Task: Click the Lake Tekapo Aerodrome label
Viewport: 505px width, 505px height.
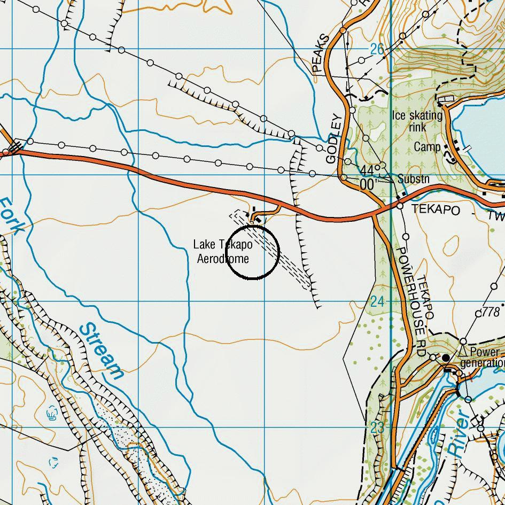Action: [x=223, y=252]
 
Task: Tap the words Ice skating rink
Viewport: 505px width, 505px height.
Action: [x=417, y=121]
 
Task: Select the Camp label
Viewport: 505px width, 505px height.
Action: [x=428, y=147]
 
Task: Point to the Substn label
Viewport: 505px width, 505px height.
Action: [x=413, y=179]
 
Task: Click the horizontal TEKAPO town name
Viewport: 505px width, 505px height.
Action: [x=435, y=209]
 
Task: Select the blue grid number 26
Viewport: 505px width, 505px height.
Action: [x=377, y=50]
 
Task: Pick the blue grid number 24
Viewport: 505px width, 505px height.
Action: [x=377, y=301]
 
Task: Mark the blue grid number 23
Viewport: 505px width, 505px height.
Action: [x=377, y=428]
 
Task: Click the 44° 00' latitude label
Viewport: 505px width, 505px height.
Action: [x=368, y=177]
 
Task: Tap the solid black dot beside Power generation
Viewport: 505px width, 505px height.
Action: [x=446, y=358]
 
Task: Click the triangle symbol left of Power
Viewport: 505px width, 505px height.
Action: [x=463, y=352]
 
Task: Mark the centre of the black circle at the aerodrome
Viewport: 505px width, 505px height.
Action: [x=253, y=252]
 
